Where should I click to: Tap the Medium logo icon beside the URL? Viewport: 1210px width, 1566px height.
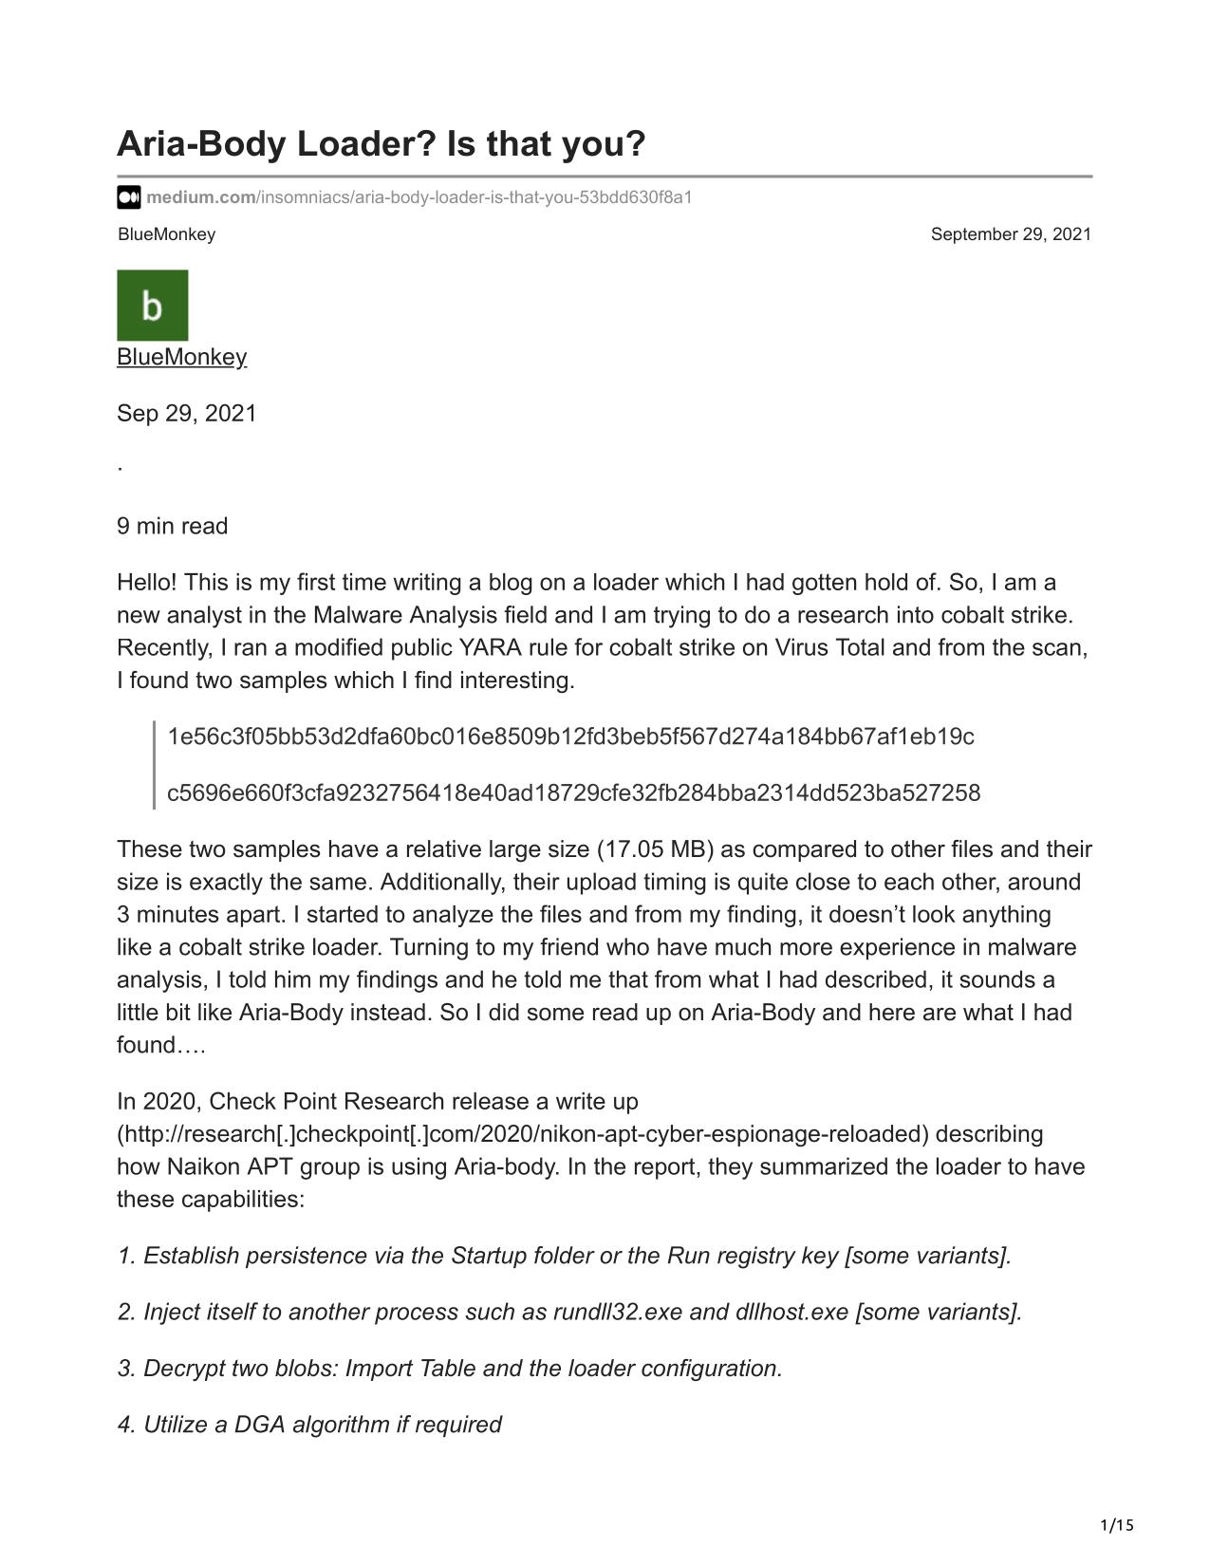click(129, 197)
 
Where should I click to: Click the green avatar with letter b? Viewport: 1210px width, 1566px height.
click(153, 306)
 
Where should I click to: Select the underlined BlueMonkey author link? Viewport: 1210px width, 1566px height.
click(181, 357)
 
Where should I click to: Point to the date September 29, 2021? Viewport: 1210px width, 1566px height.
click(1011, 234)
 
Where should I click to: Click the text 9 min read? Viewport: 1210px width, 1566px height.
click(173, 526)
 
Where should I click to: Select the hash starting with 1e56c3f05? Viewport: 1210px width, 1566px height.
click(570, 736)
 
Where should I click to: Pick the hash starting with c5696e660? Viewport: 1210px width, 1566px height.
click(573, 792)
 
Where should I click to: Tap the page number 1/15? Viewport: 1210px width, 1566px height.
click(1117, 1525)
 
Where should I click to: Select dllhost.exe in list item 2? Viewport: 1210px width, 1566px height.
click(791, 1312)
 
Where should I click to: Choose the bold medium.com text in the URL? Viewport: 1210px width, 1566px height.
click(200, 197)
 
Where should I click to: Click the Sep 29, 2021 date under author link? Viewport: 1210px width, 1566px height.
click(187, 414)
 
